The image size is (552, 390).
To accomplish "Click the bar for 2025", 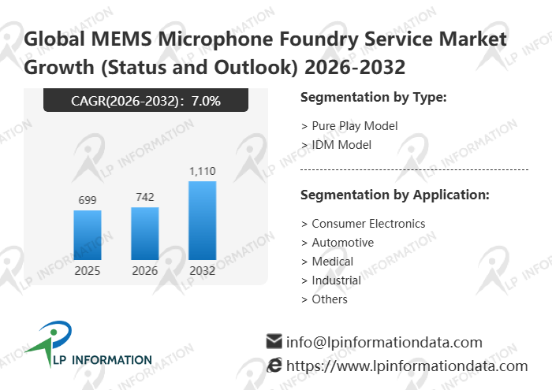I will pos(87,235).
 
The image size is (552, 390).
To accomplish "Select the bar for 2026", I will pos(144,233).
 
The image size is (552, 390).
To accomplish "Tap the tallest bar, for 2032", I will pos(202,221).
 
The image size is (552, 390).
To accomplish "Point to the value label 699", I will pos(87,200).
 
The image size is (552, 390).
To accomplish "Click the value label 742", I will pos(144,197).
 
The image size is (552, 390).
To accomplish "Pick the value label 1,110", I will pos(202,171).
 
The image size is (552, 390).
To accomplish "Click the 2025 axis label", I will pos(87,271).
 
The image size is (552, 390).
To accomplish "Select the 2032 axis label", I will pos(202,271).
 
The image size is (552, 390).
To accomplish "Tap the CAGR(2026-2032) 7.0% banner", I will pos(146,100).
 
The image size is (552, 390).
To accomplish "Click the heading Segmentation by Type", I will pos(374,98).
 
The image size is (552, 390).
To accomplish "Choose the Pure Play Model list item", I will pos(349,126).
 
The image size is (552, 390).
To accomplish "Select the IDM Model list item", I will pos(336,145).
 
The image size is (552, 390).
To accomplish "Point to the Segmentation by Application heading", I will pos(395,195).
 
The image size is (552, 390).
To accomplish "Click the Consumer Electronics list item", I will pos(364,224).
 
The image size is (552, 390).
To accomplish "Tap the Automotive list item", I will pos(338,243).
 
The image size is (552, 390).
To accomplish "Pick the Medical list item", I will pos(327,262).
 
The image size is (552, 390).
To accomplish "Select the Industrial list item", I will pos(331,280).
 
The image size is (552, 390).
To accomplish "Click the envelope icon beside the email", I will pos(274,342).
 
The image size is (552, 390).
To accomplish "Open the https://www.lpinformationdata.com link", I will pos(406,366).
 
